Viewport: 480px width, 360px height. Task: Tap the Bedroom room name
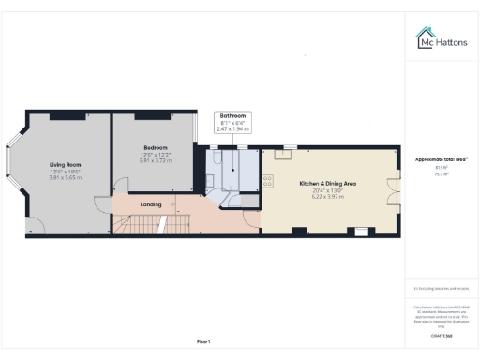(156, 147)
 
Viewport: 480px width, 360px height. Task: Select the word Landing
(151, 203)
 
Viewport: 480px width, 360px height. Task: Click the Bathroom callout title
(232, 115)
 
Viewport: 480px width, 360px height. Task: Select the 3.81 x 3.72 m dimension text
(156, 159)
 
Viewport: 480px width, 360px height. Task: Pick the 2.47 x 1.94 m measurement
(232, 128)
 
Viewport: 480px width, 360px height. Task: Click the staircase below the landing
(145, 224)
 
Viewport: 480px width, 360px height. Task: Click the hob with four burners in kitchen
(269, 179)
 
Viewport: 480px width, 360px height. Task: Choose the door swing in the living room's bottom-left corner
(33, 224)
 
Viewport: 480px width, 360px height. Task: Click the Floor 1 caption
(203, 340)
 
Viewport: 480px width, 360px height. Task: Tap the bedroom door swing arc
(120, 186)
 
